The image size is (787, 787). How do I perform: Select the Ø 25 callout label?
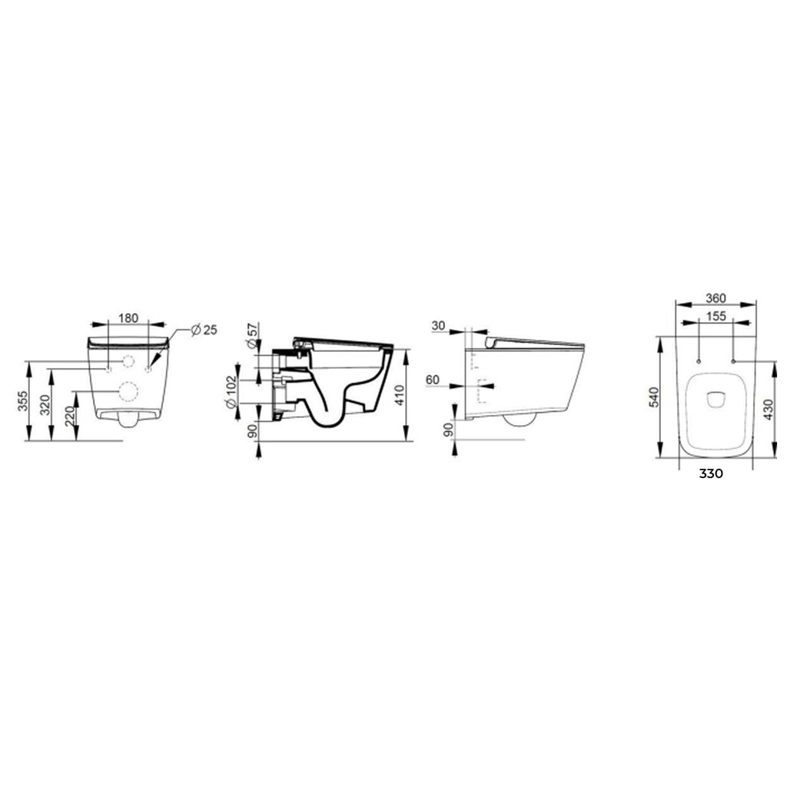point(204,329)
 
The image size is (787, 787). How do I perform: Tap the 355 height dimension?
point(24,402)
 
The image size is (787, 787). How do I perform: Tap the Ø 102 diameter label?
point(251,394)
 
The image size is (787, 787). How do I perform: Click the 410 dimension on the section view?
point(399,395)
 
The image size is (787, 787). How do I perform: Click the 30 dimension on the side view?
point(439,326)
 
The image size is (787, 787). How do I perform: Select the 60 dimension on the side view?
point(432,380)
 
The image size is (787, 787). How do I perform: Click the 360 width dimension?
point(716,298)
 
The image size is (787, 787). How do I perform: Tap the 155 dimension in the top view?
point(716,316)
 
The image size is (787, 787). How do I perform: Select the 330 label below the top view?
point(711,473)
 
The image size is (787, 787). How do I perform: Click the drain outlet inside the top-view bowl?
point(716,398)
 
